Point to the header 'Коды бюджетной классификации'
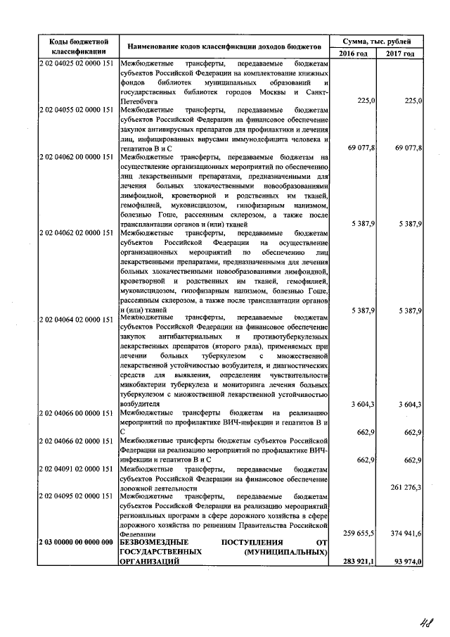78,46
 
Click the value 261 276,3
404,487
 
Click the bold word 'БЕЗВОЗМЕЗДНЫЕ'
156,543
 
